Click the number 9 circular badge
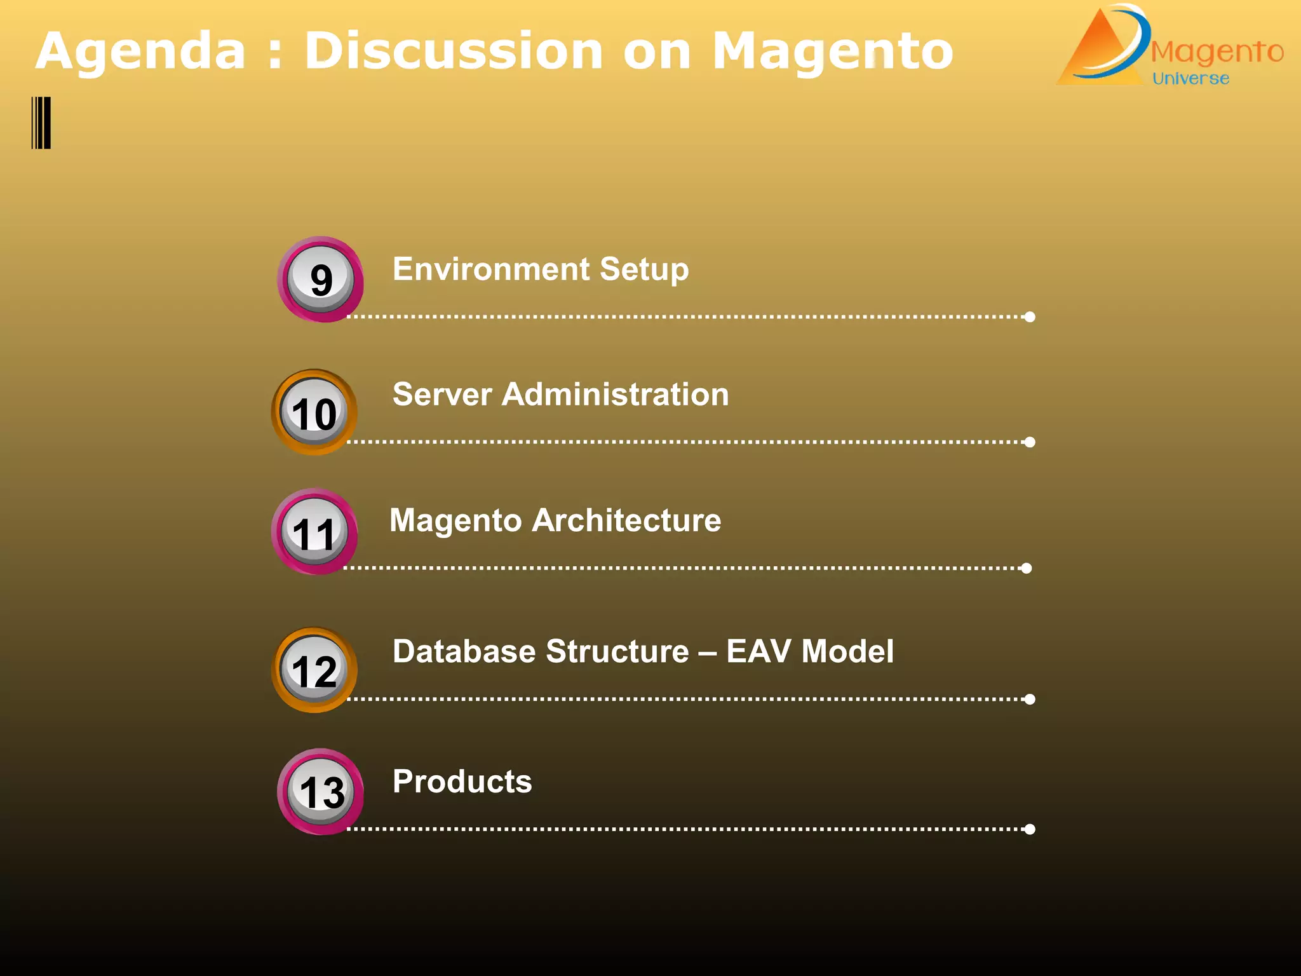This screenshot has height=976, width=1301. click(x=320, y=280)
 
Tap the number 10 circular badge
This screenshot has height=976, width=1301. click(x=314, y=413)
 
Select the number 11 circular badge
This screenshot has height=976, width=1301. click(x=314, y=532)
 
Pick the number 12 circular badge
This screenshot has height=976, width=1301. click(x=314, y=670)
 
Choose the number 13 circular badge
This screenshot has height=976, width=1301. click(x=321, y=792)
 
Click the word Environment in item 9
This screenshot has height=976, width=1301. click(x=490, y=269)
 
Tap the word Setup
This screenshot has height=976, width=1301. click(x=644, y=269)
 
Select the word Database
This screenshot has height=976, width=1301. click(x=468, y=652)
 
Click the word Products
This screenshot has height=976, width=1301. click(x=462, y=782)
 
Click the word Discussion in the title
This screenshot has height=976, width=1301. click(x=453, y=51)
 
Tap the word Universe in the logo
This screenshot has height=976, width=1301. click(x=1190, y=79)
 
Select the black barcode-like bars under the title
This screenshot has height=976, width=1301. click(x=41, y=123)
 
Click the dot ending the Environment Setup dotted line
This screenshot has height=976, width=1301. click(x=1030, y=316)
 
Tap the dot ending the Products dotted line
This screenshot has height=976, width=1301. click(x=1030, y=829)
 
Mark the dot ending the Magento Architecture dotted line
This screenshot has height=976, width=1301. click(x=1027, y=568)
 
